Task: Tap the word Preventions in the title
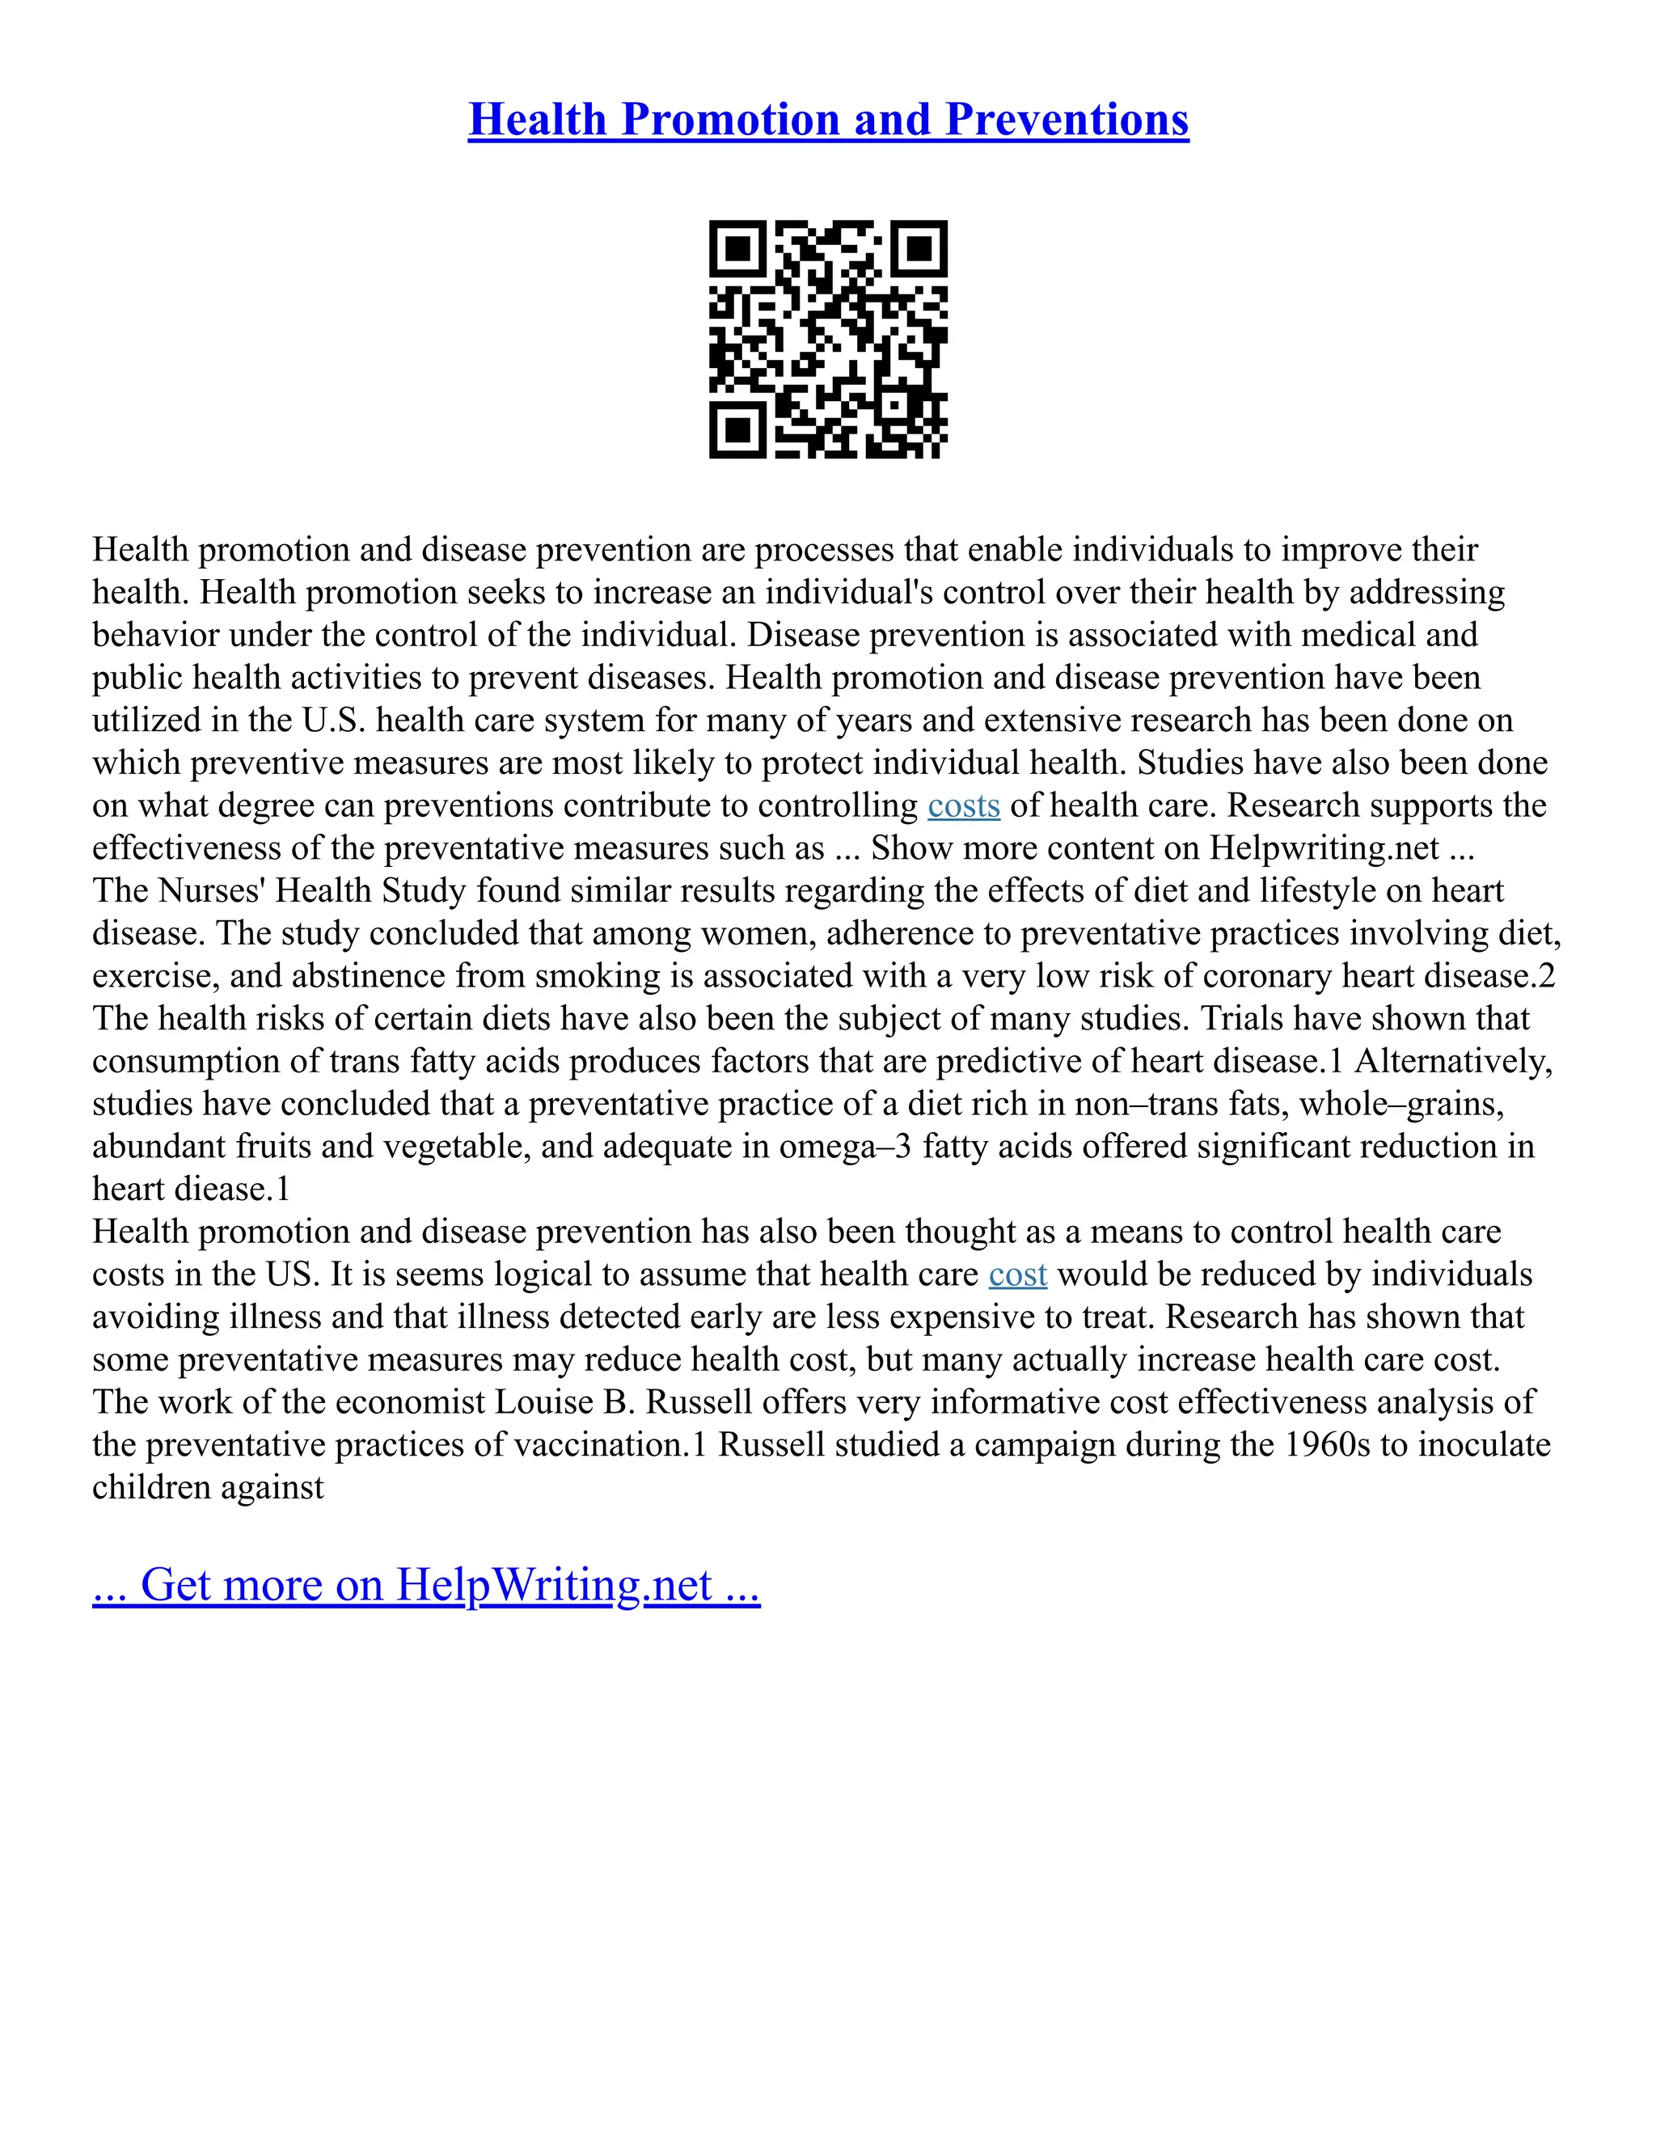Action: [1067, 120]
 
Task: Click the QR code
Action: [828, 340]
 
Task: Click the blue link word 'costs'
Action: [963, 805]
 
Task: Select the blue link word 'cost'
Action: [1017, 1274]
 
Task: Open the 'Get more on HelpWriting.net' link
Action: [426, 1586]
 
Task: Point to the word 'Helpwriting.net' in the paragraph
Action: [1324, 847]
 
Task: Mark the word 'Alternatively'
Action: [1453, 1062]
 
